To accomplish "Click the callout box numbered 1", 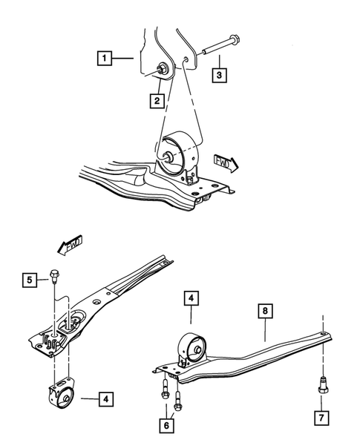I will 106,56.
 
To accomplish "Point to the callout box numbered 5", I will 30,280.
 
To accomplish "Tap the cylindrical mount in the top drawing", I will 181,154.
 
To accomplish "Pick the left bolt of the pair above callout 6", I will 163,390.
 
